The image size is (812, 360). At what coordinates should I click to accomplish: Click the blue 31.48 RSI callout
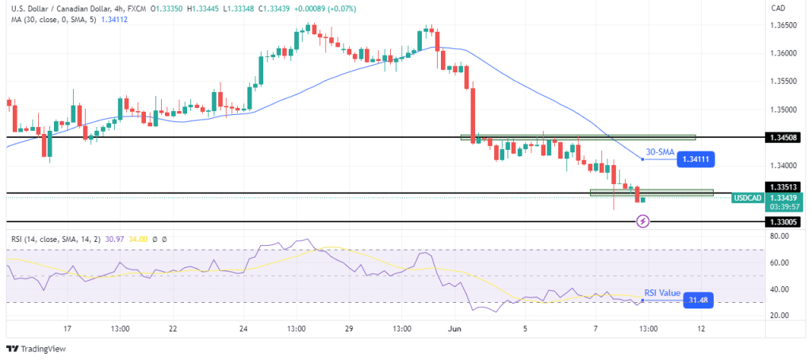click(697, 300)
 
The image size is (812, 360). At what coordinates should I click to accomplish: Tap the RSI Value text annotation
click(661, 292)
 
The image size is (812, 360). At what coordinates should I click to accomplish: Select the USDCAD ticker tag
click(748, 197)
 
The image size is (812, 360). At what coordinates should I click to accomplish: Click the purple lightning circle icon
click(643, 221)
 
